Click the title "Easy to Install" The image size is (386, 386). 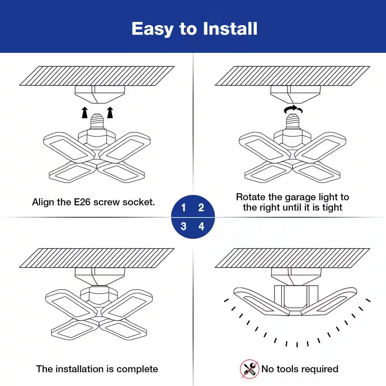[194, 29]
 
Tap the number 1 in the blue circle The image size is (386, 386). [183, 208]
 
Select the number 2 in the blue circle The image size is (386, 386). [201, 208]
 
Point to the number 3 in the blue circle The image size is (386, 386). [183, 226]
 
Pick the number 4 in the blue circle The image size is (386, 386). [201, 226]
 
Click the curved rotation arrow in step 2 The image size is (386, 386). [293, 110]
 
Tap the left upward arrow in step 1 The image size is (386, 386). [85, 112]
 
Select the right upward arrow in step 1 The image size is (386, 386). [110, 112]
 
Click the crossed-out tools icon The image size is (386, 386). [249, 369]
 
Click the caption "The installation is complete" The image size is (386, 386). [97, 369]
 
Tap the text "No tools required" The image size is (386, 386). [300, 369]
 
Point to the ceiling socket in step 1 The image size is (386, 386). [100, 94]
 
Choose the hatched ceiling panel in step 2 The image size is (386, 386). [292, 76]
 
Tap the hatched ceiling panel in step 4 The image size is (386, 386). [292, 258]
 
